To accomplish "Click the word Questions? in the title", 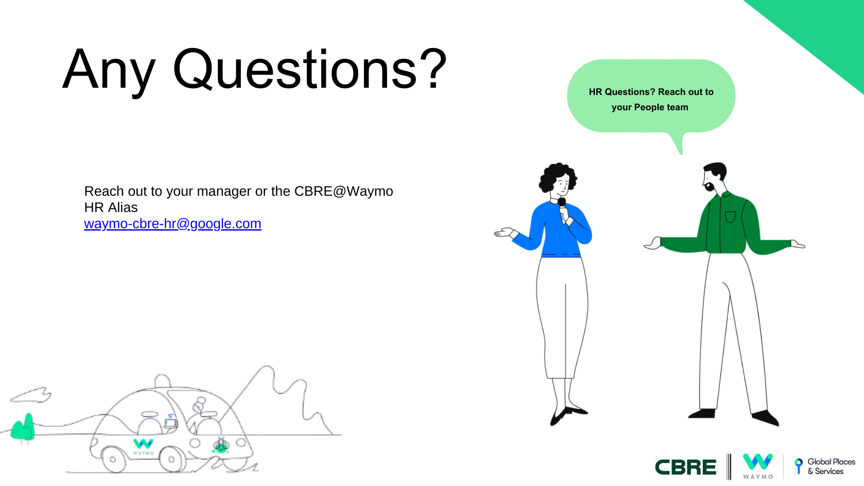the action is (x=310, y=69).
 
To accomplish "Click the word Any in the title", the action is (x=109, y=72).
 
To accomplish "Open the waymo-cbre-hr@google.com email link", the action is (x=173, y=224).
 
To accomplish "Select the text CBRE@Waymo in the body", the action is (x=344, y=191).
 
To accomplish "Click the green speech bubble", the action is (x=651, y=97).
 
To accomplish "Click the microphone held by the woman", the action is (x=562, y=208).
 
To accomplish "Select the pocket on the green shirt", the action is (x=730, y=217).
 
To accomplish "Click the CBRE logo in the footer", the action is (x=685, y=468).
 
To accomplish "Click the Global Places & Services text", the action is (x=831, y=467).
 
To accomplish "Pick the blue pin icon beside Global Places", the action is (x=799, y=465).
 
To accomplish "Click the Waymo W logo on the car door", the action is (x=144, y=444).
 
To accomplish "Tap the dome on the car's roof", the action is (x=162, y=380).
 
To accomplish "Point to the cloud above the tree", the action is (x=31, y=395).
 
